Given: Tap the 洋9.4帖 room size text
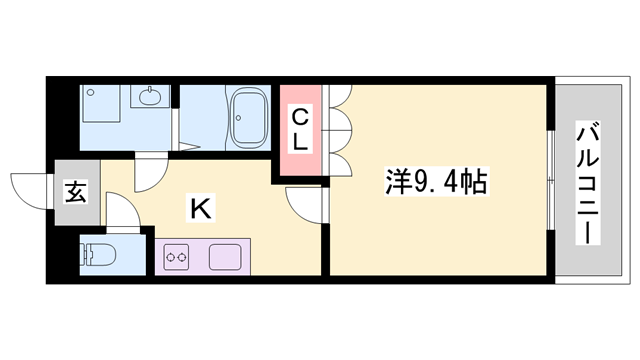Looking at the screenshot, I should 437,183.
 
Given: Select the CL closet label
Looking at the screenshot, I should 300,130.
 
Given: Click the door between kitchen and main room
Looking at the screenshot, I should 305,205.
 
